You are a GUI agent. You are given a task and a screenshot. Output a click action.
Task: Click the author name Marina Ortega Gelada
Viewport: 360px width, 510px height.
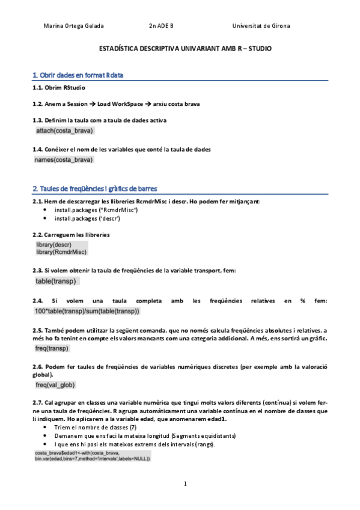pyautogui.click(x=74, y=26)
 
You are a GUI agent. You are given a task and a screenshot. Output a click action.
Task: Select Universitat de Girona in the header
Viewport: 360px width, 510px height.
pyautogui.click(x=261, y=26)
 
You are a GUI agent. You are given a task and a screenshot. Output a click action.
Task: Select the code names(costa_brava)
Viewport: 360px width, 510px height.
pyautogui.click(x=64, y=160)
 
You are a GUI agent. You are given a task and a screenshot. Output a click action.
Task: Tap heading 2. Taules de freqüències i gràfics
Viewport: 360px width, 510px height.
pyautogui.click(x=95, y=188)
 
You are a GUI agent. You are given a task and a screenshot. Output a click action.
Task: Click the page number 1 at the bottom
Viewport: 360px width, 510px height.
pyautogui.click(x=186, y=484)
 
